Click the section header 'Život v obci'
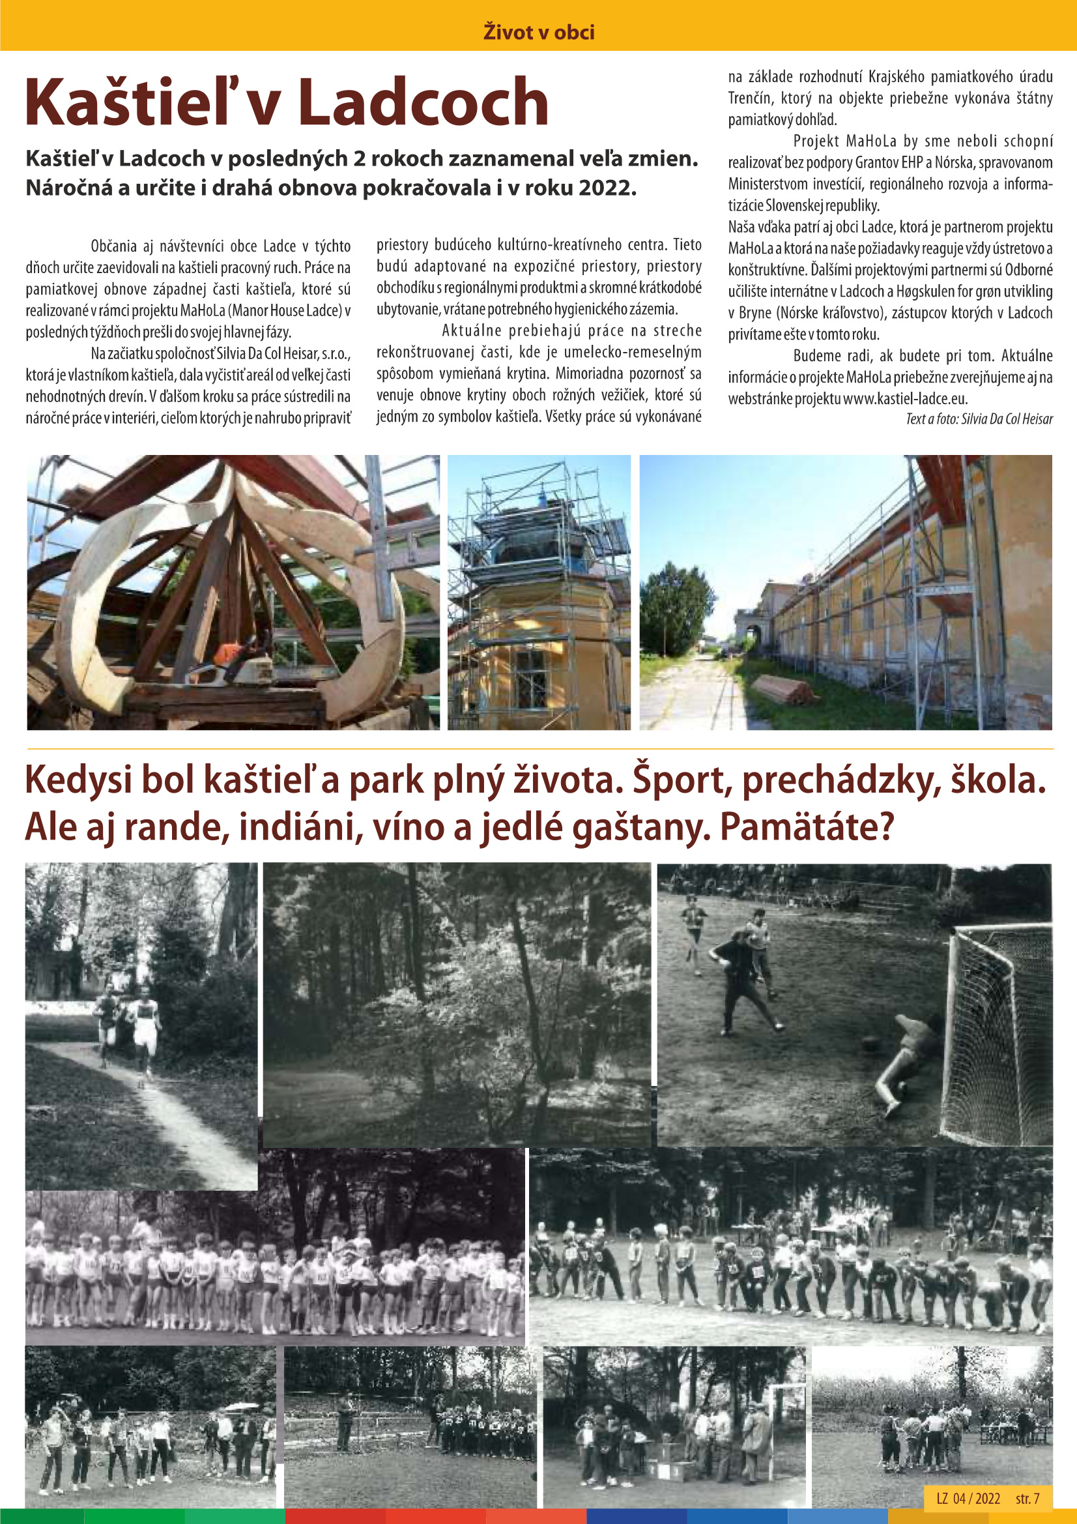point(538,32)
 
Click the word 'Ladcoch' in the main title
point(423,103)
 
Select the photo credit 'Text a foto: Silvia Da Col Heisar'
point(979,419)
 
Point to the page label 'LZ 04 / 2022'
point(968,1498)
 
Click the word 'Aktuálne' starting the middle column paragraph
point(472,330)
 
